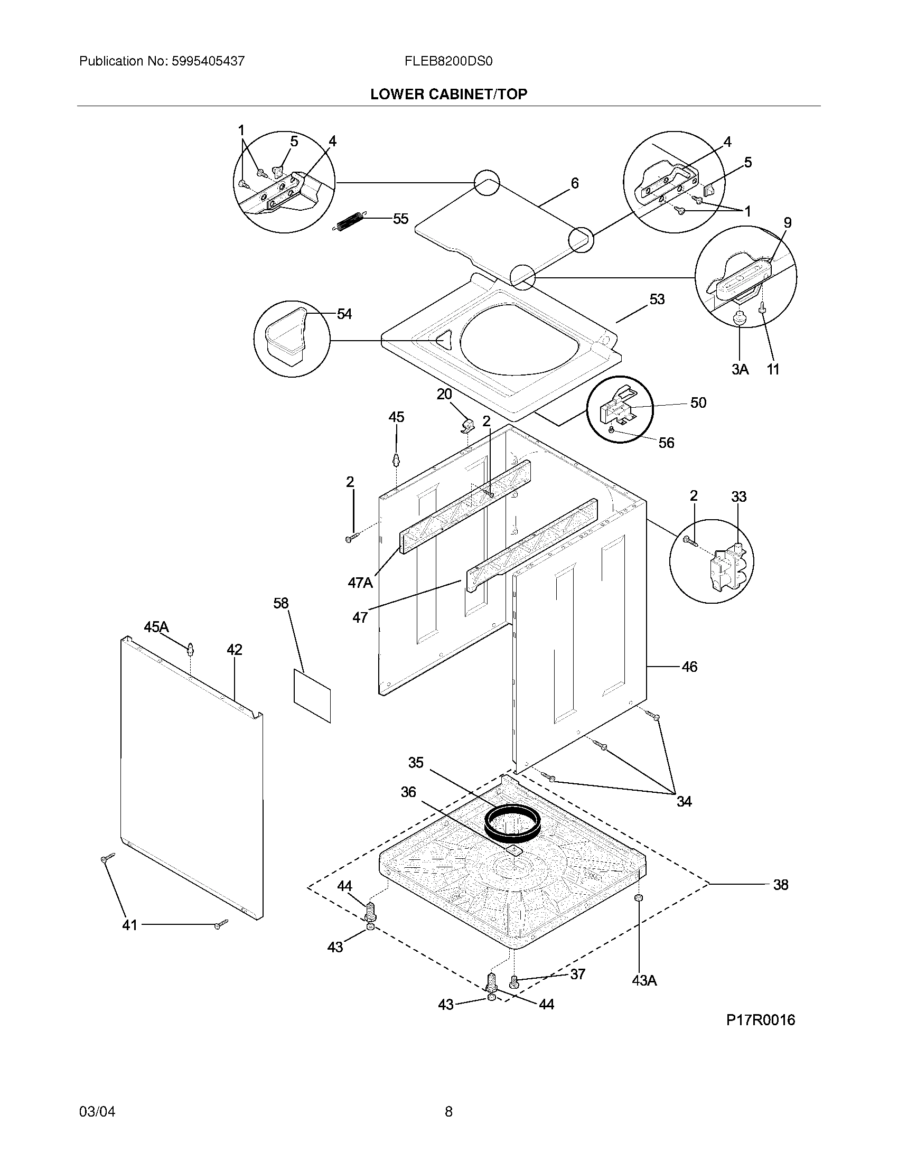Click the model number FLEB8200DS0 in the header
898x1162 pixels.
point(448,61)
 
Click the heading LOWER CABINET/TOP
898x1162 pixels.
point(448,94)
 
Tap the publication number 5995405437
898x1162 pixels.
point(208,61)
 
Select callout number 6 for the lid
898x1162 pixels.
point(575,183)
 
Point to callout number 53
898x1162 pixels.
point(657,299)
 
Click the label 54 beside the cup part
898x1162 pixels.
point(344,314)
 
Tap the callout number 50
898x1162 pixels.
point(698,403)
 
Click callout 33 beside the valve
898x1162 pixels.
point(738,496)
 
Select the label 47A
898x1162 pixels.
point(360,583)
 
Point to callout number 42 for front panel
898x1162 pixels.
point(234,650)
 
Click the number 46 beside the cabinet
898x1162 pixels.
point(689,667)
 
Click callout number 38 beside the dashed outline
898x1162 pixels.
point(780,885)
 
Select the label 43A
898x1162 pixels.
point(644,981)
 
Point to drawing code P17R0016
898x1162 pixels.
point(760,1019)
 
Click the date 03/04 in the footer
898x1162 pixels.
point(97,1111)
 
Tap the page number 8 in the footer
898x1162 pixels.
point(448,1111)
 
